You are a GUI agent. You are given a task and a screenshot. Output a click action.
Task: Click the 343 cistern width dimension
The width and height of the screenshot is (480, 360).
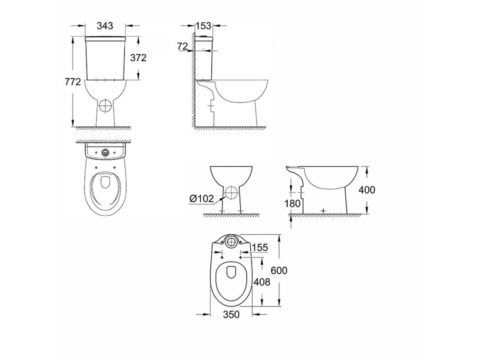pos(105,26)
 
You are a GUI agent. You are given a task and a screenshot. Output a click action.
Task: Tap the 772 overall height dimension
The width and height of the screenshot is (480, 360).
pos(73,82)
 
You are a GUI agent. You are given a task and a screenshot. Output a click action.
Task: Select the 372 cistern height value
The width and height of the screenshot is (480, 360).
pos(138,58)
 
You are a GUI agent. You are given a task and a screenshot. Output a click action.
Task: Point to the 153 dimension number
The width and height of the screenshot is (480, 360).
pos(203,26)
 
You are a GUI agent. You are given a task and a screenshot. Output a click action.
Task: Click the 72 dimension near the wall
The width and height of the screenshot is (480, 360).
pos(182,46)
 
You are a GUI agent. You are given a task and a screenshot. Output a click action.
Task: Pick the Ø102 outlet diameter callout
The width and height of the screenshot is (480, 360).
pos(202,199)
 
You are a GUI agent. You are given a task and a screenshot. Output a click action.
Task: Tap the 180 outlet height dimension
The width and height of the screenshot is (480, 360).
pos(292,204)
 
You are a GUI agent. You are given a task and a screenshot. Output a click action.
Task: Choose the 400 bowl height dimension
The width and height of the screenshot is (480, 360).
pos(367,190)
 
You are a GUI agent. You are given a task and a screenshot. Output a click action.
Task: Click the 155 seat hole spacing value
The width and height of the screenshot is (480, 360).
pos(260,248)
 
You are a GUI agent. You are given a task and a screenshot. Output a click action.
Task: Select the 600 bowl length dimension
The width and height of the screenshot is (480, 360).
pos(279,271)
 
